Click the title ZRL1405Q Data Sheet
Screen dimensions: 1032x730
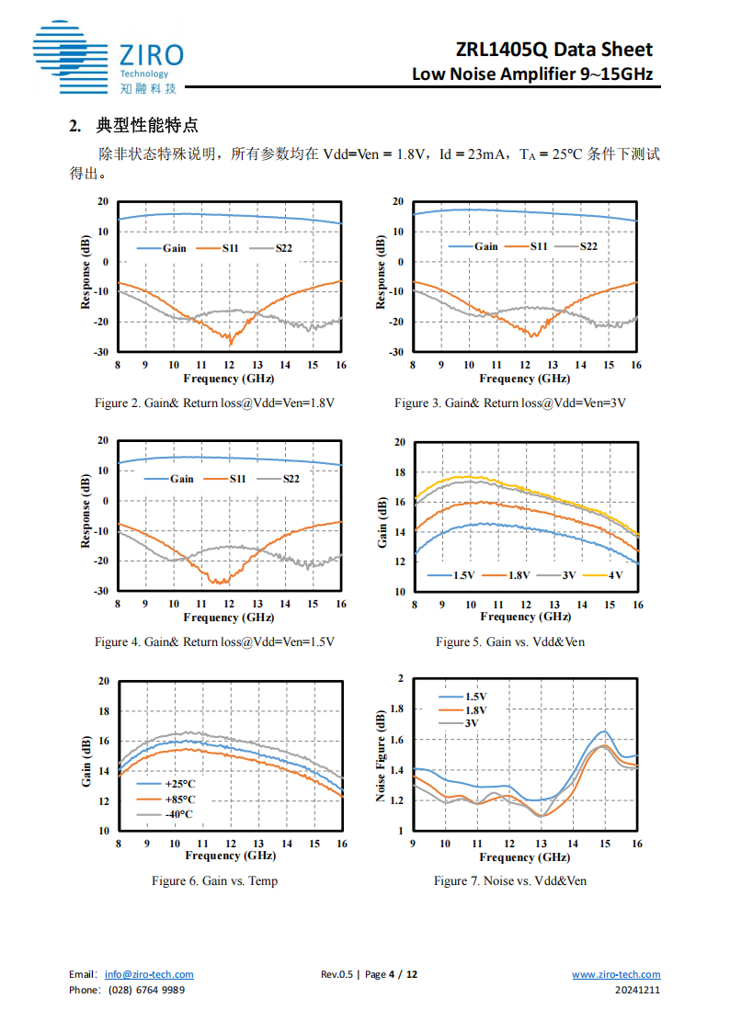tap(553, 50)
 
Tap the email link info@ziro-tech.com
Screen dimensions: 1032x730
tap(149, 974)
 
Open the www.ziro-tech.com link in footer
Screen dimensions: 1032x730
tap(616, 974)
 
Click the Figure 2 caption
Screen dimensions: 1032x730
tap(215, 403)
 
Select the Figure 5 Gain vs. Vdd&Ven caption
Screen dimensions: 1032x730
tap(510, 641)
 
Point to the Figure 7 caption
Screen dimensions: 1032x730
tap(510, 880)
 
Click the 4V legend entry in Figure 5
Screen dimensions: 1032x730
tap(614, 575)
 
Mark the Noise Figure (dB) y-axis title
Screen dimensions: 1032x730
tap(381, 754)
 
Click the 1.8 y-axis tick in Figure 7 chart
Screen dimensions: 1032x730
tap(396, 709)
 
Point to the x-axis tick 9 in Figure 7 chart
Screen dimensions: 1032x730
tap(413, 844)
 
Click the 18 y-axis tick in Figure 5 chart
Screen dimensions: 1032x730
tap(400, 472)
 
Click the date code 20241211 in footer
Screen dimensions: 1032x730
tap(638, 990)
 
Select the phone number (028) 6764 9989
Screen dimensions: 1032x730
tap(146, 990)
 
